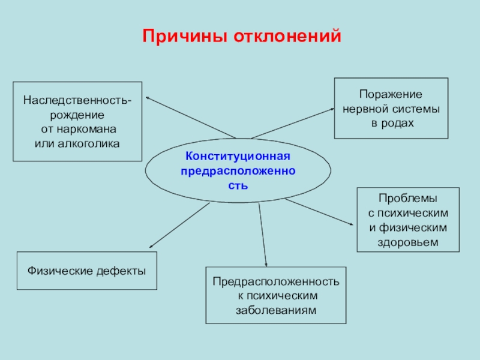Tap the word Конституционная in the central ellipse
coord(238,156)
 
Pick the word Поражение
coord(391,95)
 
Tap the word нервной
coord(367,109)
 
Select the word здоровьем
coord(408,242)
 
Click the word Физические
coord(59,271)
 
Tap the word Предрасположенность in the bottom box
coord(276,282)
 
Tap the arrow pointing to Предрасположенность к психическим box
coord(262,235)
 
